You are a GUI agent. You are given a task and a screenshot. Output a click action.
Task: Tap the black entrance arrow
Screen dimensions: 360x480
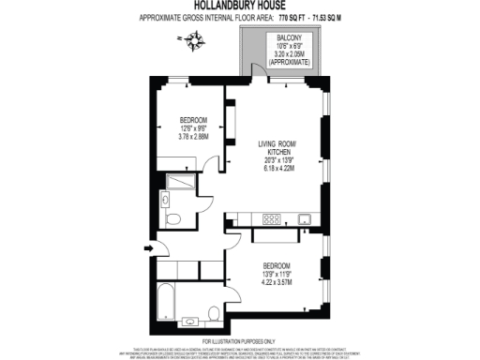click(x=146, y=247)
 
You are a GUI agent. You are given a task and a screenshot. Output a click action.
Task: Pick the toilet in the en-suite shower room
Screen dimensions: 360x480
click(x=172, y=217)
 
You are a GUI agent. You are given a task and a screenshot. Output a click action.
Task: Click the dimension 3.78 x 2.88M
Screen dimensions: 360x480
click(x=193, y=136)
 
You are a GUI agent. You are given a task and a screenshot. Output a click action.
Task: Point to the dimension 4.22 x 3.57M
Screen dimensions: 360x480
click(x=277, y=279)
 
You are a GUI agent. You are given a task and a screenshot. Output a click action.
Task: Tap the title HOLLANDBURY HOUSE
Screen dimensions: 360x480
click(x=239, y=7)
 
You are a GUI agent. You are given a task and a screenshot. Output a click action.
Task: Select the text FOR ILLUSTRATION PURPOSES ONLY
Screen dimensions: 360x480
click(x=239, y=341)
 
